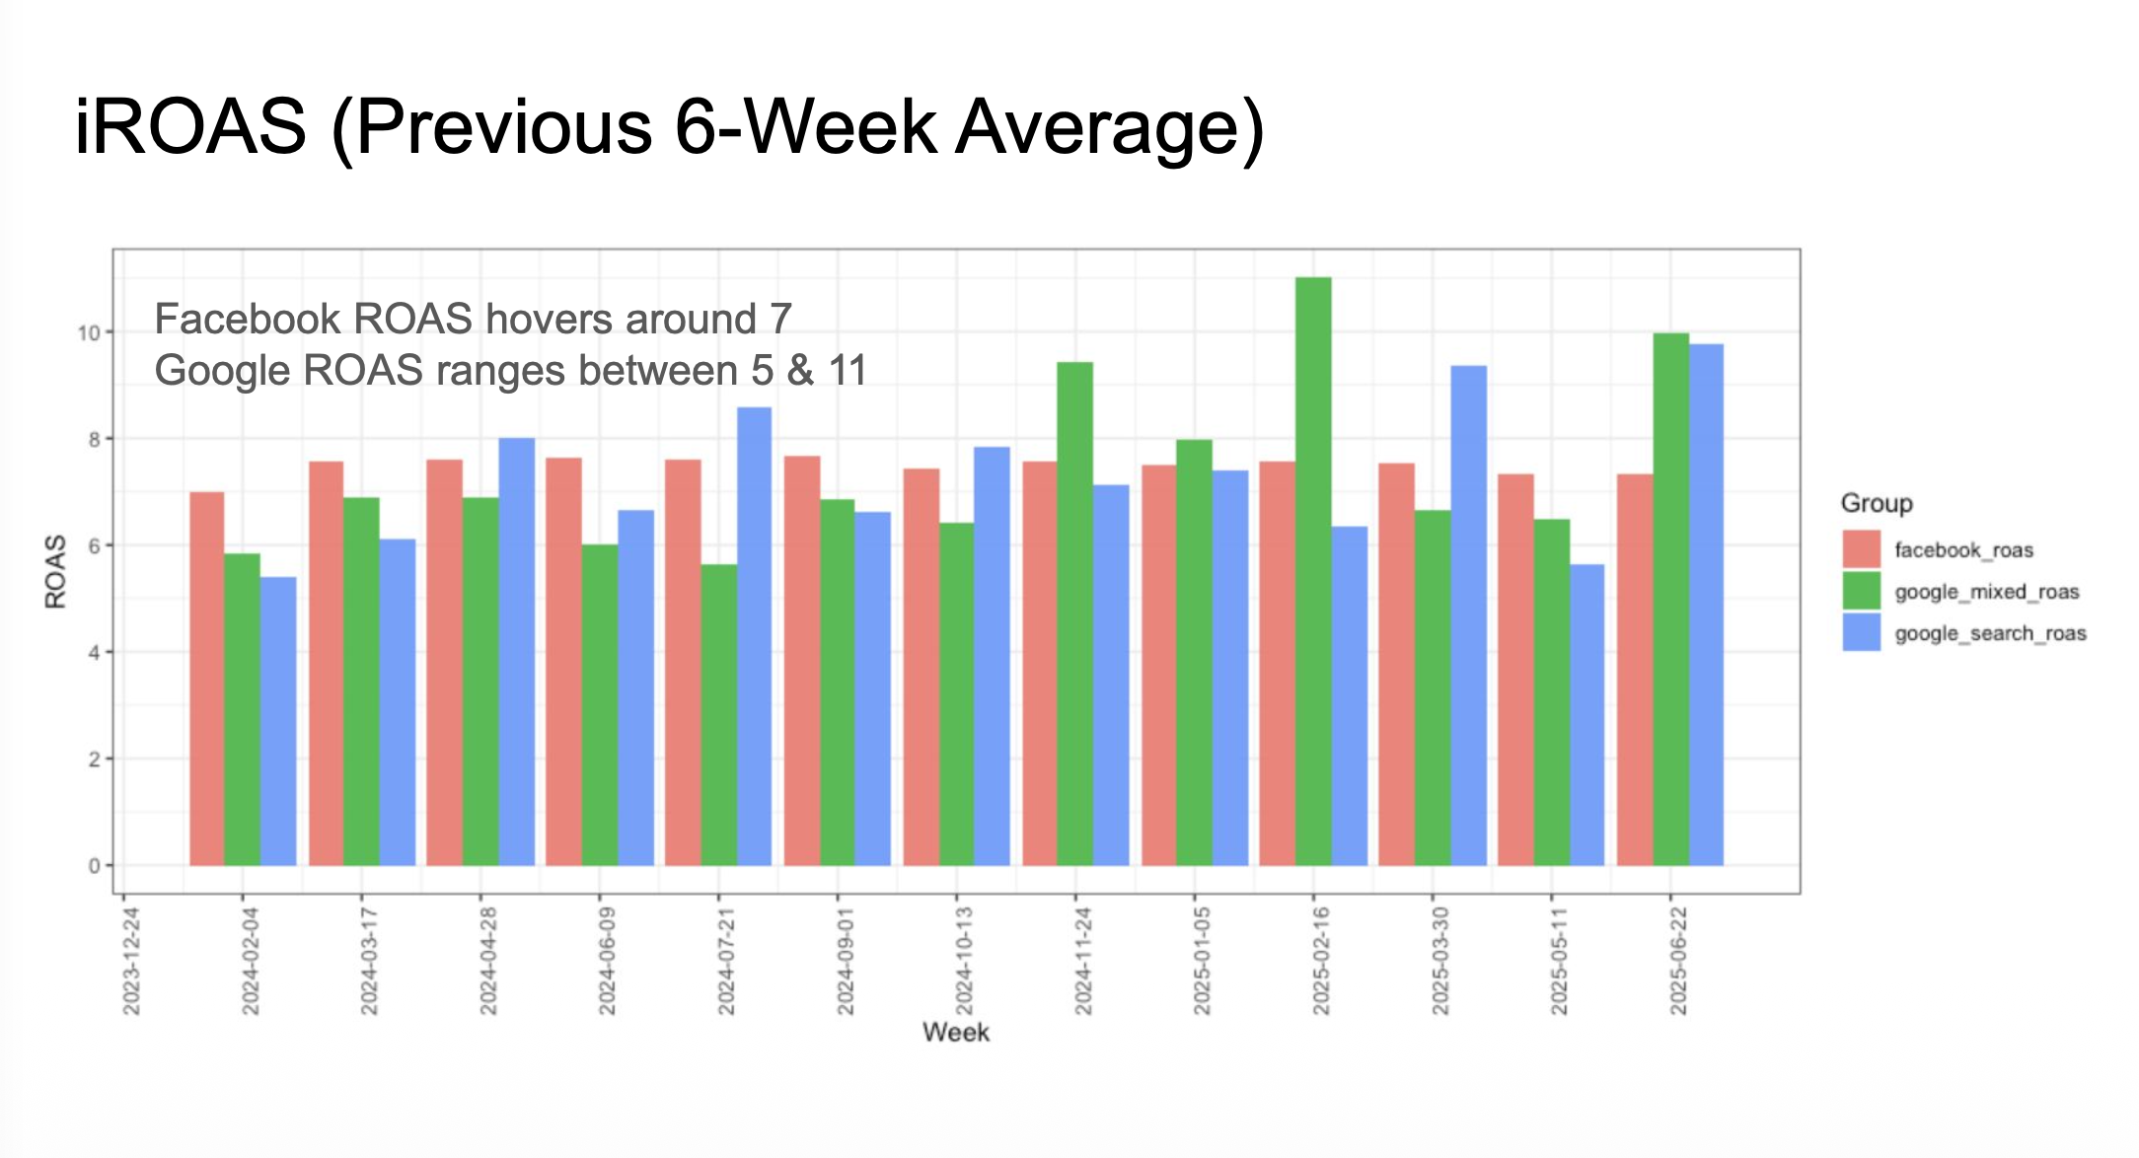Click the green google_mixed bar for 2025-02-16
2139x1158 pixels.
1313,572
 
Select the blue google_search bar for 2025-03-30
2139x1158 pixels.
1468,615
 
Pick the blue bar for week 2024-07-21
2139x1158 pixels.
754,636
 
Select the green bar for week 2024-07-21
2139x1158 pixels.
718,715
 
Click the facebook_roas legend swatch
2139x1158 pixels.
1861,549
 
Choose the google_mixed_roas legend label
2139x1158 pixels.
1986,592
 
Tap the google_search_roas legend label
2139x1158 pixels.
1990,633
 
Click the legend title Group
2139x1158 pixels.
1876,503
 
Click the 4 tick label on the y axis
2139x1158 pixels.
95,653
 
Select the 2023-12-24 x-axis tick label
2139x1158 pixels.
131,961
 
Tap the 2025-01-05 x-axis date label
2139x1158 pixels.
1202,961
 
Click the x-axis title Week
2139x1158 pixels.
955,1032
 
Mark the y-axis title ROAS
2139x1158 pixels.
56,571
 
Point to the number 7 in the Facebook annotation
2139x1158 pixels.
780,319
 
